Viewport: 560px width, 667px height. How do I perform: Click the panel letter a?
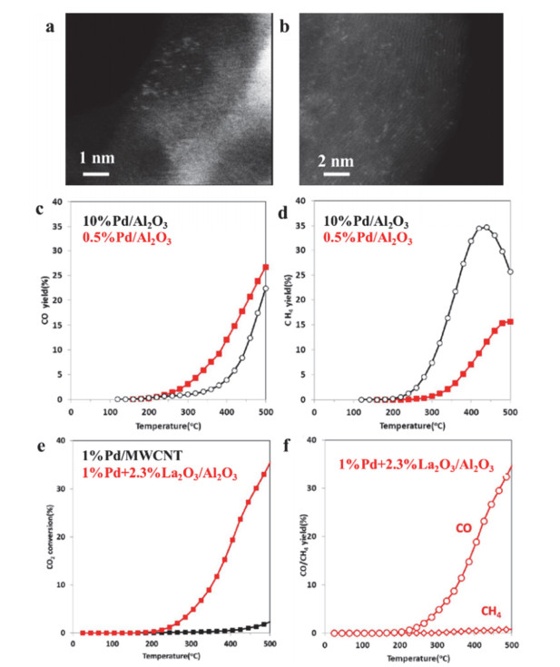point(53,25)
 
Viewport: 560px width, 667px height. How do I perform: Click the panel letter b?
point(284,25)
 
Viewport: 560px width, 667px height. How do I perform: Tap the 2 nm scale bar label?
point(339,154)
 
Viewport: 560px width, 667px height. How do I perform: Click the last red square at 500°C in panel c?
point(265,267)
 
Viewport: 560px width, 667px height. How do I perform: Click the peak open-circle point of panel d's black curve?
point(486,228)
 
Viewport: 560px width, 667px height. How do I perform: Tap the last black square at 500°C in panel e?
point(265,623)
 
